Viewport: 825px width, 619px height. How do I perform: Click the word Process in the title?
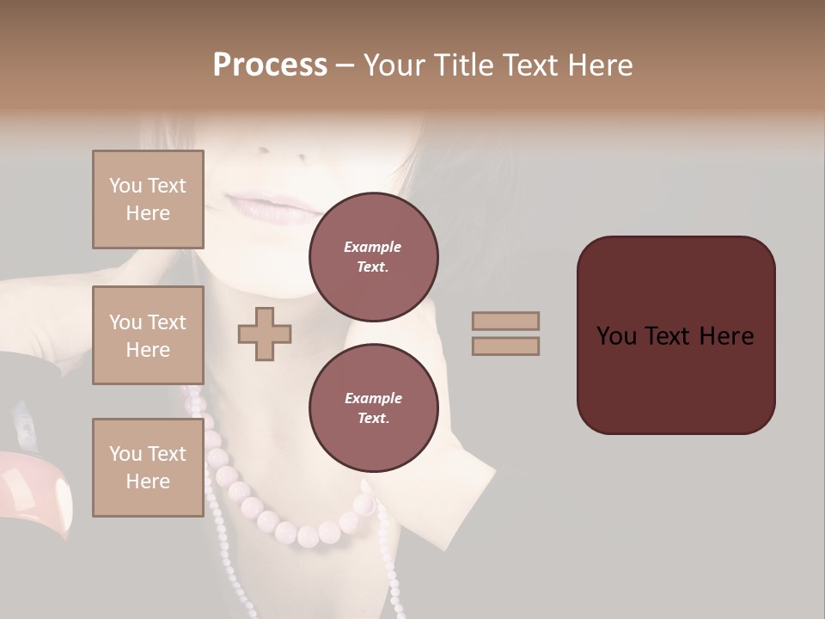pos(270,65)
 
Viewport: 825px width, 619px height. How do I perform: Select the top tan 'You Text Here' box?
pos(148,199)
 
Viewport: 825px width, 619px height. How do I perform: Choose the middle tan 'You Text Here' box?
pos(148,335)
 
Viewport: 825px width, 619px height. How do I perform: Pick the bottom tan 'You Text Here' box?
pos(148,468)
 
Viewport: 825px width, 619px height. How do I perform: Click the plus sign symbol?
pos(265,334)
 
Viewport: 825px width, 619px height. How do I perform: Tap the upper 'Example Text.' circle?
pos(373,256)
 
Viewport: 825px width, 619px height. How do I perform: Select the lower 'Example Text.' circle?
pos(373,408)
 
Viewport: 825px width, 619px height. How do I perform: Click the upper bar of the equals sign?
pos(506,321)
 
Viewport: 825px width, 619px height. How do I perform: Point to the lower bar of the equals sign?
pos(506,346)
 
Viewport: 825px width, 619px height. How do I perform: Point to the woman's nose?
pos(296,153)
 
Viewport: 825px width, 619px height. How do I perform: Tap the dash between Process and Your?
pos(345,65)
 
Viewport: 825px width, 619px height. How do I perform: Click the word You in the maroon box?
pos(617,336)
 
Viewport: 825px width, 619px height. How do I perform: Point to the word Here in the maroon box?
pos(726,336)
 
